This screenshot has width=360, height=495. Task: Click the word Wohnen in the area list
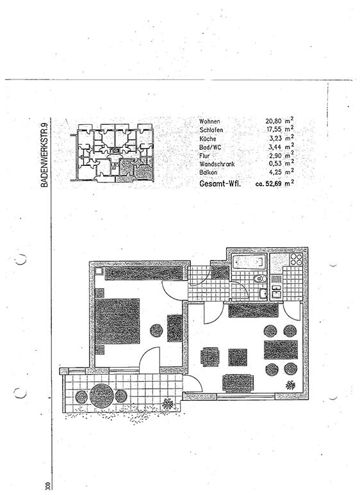tap(209, 121)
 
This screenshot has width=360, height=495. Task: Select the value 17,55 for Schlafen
tap(274, 130)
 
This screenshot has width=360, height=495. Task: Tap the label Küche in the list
tap(208, 138)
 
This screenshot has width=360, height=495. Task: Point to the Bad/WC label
tap(210, 147)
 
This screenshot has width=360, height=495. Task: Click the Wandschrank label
tap(217, 164)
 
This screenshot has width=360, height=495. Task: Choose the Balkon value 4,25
tap(275, 172)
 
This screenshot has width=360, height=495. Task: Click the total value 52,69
tap(273, 183)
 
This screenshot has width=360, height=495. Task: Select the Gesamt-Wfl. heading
tap(220, 183)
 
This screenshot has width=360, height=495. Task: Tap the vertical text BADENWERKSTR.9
tap(44, 154)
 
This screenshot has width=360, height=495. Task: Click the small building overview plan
tap(112, 153)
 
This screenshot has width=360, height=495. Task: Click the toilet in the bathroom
tap(259, 279)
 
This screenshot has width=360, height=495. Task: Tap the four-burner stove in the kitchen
tap(296, 259)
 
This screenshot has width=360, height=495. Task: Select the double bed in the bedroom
tap(117, 321)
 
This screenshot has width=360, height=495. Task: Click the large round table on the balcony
tap(101, 395)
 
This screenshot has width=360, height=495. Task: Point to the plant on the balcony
tap(168, 403)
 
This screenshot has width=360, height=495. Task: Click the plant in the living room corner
tap(290, 385)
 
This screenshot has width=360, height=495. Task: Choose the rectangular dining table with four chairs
tap(281, 350)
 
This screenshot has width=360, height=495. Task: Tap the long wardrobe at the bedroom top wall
tap(144, 273)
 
